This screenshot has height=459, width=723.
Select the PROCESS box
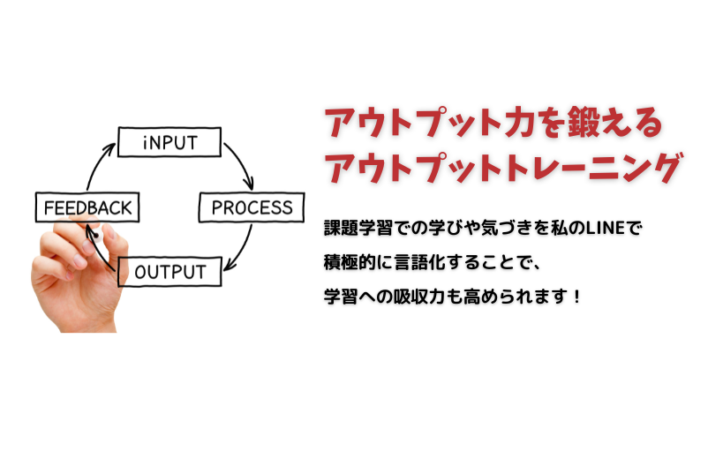tap(252, 208)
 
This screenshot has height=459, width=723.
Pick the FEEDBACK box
tap(87, 208)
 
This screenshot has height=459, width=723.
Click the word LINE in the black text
tap(599, 229)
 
